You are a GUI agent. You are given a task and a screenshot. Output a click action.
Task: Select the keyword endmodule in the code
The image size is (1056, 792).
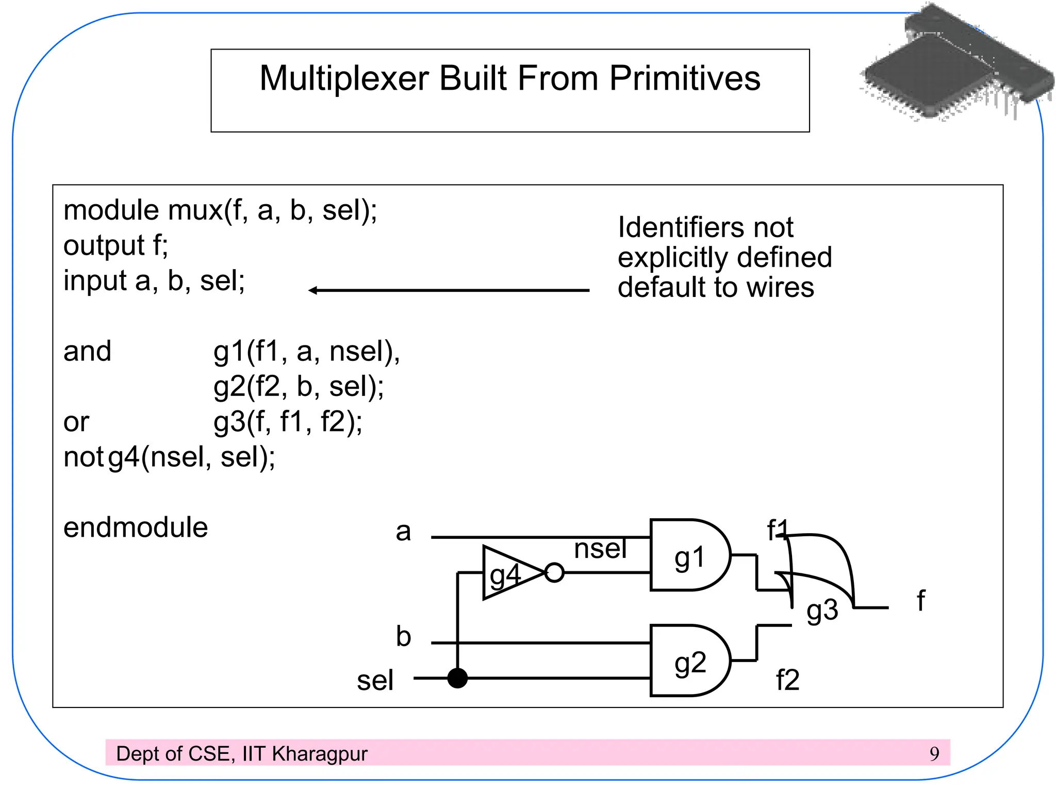click(x=136, y=527)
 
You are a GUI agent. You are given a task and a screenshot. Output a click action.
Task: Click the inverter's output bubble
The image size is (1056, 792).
click(x=554, y=573)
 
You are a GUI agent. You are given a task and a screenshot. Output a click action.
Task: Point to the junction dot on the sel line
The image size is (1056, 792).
click(x=457, y=678)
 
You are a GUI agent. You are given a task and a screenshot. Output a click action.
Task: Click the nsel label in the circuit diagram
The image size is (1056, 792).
click(x=600, y=548)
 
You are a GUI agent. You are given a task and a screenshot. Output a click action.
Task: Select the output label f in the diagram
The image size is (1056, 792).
click(x=921, y=601)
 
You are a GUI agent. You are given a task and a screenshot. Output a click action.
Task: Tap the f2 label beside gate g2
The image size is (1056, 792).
click(x=787, y=680)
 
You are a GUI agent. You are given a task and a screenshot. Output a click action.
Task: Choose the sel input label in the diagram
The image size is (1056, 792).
click(x=375, y=680)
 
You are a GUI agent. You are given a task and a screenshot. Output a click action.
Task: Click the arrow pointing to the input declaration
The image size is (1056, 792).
click(x=449, y=290)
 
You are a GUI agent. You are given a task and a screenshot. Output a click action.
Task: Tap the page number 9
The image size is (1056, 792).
click(x=934, y=754)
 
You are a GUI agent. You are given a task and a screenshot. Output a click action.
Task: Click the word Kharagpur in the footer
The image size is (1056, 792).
click(x=320, y=754)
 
